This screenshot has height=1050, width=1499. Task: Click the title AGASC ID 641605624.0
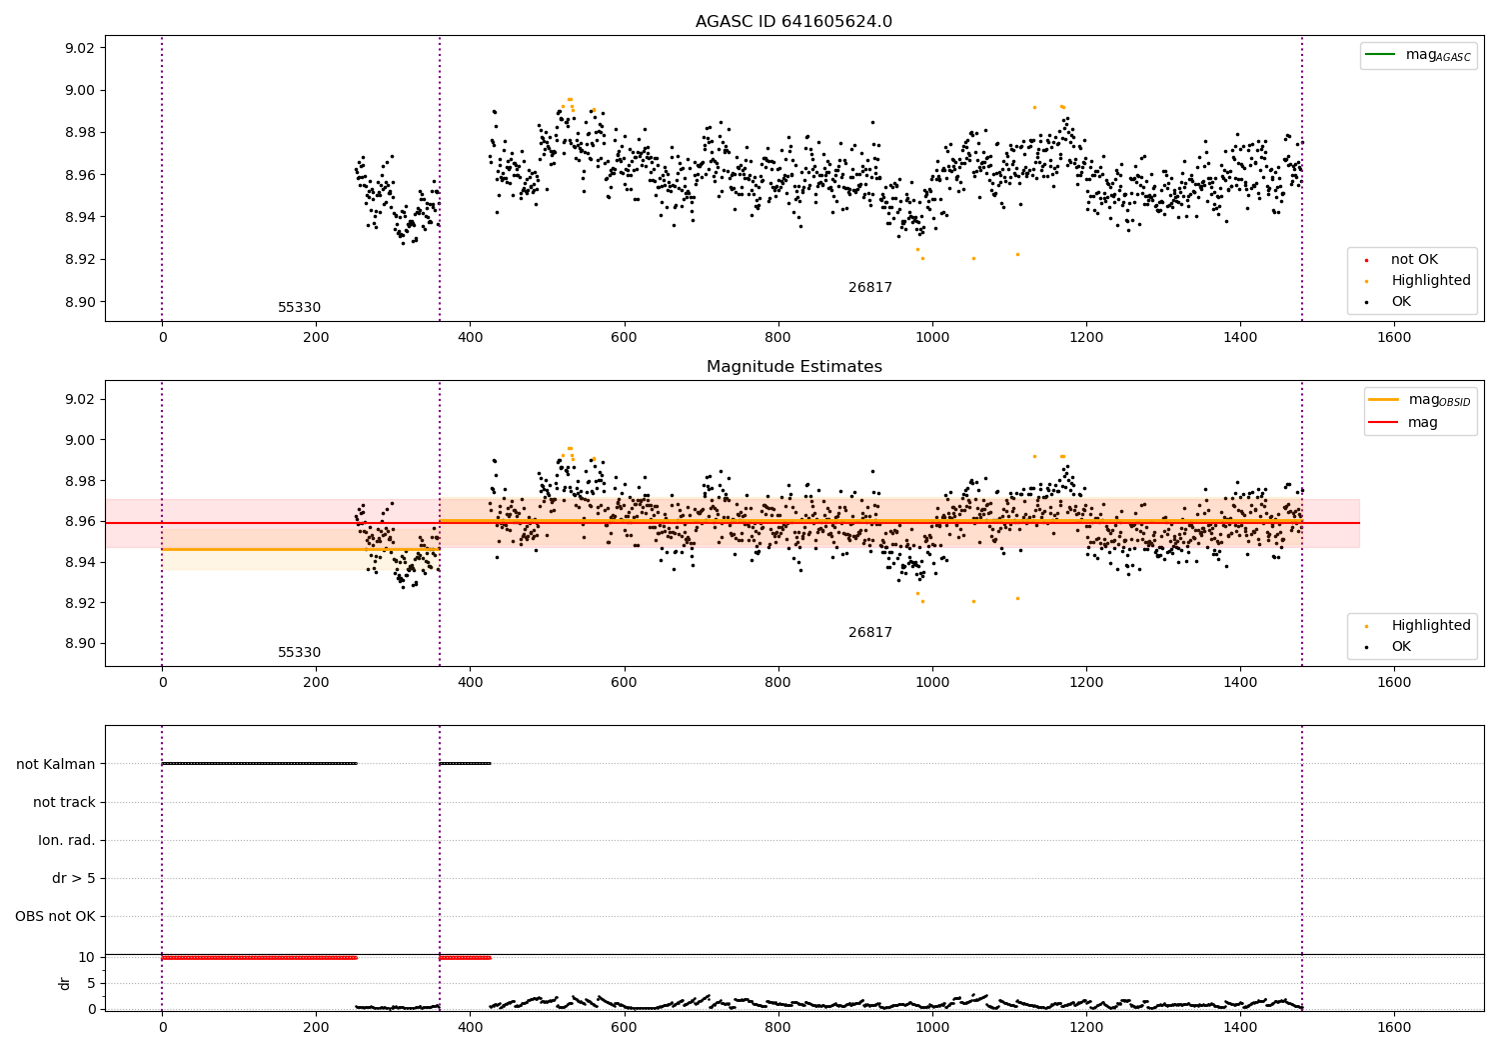click(x=793, y=22)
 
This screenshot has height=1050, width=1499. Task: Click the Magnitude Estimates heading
click(x=793, y=367)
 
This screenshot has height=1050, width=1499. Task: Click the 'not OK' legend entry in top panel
click(x=1413, y=260)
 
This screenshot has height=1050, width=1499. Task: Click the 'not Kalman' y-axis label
click(x=56, y=764)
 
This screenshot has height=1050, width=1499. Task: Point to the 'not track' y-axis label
click(x=64, y=802)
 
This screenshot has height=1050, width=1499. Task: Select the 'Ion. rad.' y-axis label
click(x=66, y=840)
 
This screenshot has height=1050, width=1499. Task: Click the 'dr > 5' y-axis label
click(x=73, y=878)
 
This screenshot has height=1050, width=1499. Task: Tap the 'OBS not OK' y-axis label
click(x=55, y=916)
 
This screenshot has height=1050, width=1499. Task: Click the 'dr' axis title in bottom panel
click(x=65, y=983)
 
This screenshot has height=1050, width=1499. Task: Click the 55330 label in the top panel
click(x=299, y=308)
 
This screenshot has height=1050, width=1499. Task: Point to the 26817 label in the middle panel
click(x=869, y=633)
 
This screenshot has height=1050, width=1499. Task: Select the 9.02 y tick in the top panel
click(x=79, y=48)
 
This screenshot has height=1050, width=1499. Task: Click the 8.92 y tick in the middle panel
click(x=79, y=603)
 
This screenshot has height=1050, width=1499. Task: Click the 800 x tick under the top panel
click(x=777, y=338)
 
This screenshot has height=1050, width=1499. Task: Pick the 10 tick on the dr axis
click(x=87, y=957)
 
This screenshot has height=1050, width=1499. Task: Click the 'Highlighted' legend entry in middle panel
click(x=1430, y=626)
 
